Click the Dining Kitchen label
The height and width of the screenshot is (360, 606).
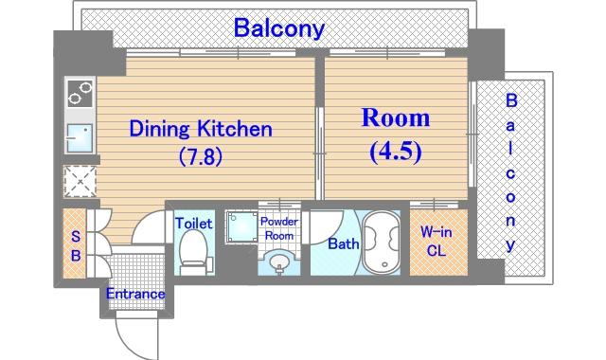(201, 129)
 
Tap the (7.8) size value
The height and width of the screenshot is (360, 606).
(201, 156)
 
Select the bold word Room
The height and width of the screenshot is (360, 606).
(396, 117)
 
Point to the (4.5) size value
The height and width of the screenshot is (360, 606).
(396, 152)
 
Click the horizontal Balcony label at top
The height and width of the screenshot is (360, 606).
(279, 27)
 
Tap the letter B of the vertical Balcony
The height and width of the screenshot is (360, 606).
(511, 100)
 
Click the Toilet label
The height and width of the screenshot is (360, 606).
(193, 224)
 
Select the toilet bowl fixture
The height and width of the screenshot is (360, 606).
(194, 253)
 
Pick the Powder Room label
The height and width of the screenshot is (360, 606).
(279, 228)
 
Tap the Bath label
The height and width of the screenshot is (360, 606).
(343, 243)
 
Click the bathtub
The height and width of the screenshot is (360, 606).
(381, 243)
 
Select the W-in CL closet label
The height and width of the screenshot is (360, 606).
(436, 242)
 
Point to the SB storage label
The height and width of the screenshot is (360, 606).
(76, 245)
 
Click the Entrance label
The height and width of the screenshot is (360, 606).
(135, 294)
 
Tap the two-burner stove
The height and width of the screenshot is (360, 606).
(80, 93)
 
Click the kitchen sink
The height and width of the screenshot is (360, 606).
(80, 138)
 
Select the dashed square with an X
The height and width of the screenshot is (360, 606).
(80, 182)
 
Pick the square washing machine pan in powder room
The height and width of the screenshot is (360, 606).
(242, 226)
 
